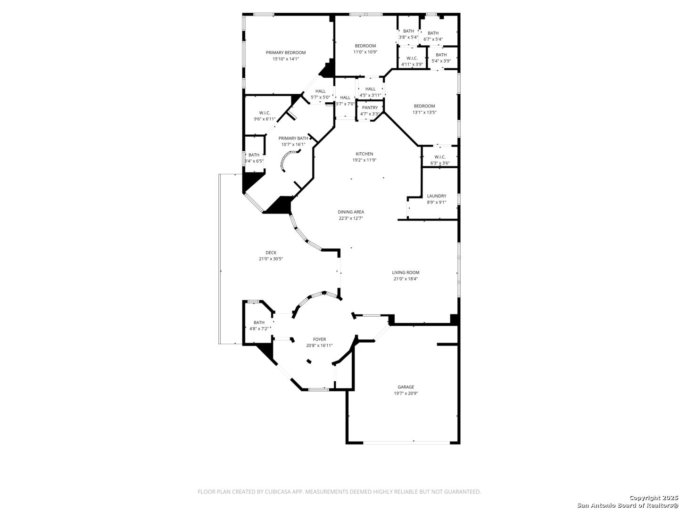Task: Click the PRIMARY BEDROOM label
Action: pyautogui.click(x=286, y=52)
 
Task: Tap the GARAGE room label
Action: pyautogui.click(x=406, y=387)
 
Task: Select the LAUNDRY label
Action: pyautogui.click(x=437, y=196)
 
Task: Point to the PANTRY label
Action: pyautogui.click(x=370, y=107)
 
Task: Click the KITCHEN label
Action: pyautogui.click(x=364, y=154)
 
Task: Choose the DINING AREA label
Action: pyautogui.click(x=351, y=212)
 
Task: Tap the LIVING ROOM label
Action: pyautogui.click(x=406, y=272)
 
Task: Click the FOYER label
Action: pyautogui.click(x=319, y=339)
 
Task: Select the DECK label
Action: pyautogui.click(x=271, y=253)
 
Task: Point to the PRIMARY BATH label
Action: pyautogui.click(x=293, y=138)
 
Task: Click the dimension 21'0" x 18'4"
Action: pyautogui.click(x=406, y=279)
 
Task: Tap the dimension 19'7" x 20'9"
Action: pyautogui.click(x=406, y=394)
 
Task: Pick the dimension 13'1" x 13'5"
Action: pyautogui.click(x=424, y=113)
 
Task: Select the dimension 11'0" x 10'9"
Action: pyautogui.click(x=365, y=52)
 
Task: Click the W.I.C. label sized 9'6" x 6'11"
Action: pyautogui.click(x=265, y=113)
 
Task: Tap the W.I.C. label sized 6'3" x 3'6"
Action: pyautogui.click(x=440, y=157)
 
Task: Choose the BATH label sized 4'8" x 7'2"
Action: pyautogui.click(x=259, y=323)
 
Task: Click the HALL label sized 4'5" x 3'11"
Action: pyautogui.click(x=370, y=89)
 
